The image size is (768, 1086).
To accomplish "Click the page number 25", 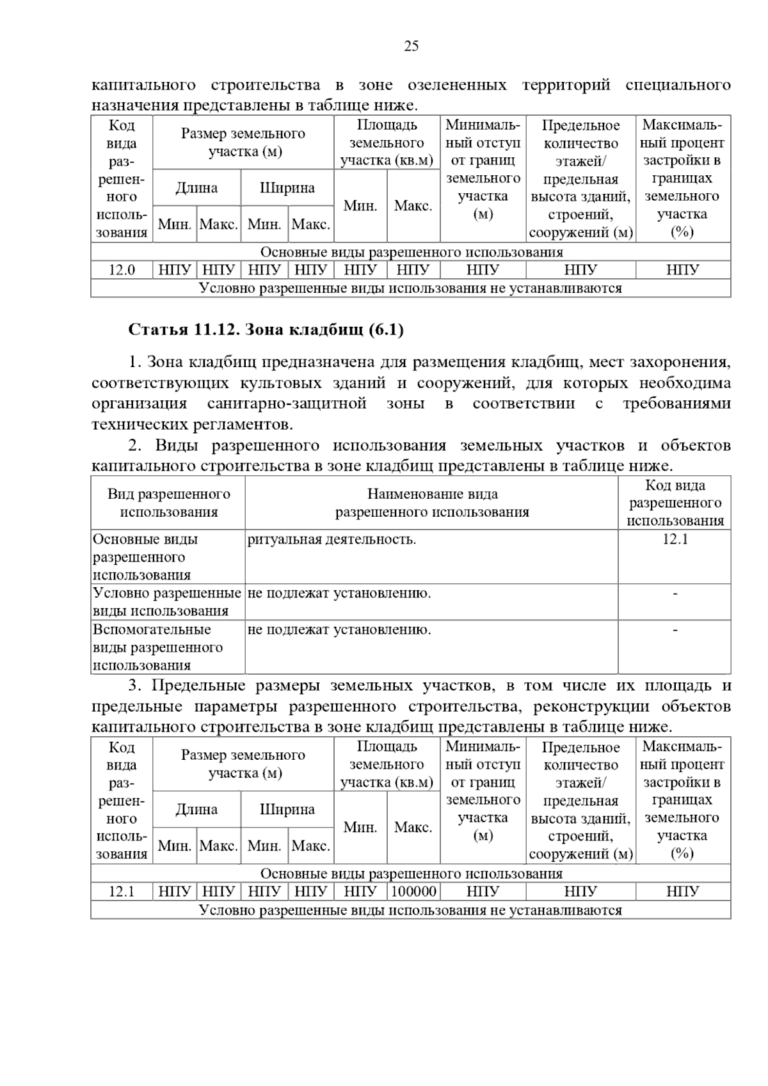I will coord(411,46).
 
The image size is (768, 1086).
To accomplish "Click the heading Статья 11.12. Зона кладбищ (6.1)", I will coord(266,329).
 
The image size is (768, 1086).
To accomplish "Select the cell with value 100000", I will coord(413,891).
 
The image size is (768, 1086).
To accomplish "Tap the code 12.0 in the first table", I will coord(122,270).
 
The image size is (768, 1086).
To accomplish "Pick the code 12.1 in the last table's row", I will coord(122,891).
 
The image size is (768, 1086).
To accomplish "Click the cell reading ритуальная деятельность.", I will coord(332,539).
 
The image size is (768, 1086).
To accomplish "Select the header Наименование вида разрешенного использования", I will coord(432,503).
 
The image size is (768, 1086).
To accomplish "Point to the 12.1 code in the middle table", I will coord(675,539).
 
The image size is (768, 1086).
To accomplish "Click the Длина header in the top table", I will coord(196,188).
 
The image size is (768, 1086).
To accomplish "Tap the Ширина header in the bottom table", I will coord(287,809).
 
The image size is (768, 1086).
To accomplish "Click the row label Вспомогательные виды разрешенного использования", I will coord(158,647).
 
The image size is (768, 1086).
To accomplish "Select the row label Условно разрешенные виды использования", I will coord(167,602).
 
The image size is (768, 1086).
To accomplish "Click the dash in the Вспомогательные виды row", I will coord(675,630).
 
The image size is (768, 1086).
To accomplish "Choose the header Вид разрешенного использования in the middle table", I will coord(168,503).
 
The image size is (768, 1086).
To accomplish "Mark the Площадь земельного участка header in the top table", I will coord(387,143).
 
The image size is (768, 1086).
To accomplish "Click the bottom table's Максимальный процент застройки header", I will coord(682,799).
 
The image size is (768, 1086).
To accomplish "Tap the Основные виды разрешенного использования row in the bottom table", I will coord(411,873).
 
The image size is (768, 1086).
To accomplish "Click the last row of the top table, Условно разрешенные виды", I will coord(411,288).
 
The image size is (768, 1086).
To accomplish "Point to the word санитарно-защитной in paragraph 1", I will coord(287,404).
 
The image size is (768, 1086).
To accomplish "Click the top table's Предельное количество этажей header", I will coord(580,178).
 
